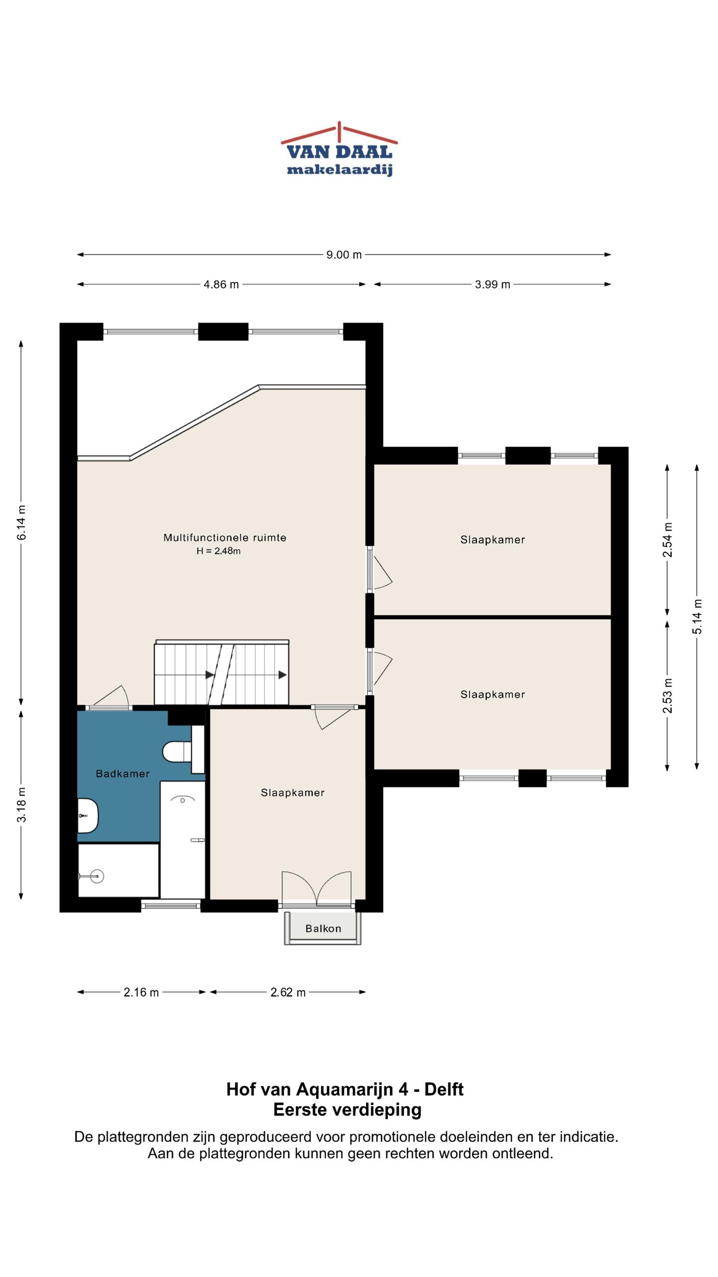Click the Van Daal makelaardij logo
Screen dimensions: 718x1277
pos(339,149)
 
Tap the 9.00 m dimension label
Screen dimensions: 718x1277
pos(344,255)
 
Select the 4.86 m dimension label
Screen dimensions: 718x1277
pos(221,284)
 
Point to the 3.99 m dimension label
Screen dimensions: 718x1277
pos(493,284)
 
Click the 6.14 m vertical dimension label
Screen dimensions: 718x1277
pos(22,522)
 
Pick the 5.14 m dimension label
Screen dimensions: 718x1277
pos(697,617)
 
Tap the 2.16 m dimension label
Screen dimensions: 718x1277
pos(142,992)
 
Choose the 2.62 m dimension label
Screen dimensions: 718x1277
pos(288,992)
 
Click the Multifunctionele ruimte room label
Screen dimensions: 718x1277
pos(225,538)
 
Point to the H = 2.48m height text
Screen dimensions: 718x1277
pos(218,551)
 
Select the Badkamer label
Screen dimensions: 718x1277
pos(123,774)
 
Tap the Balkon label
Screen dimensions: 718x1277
pos(324,928)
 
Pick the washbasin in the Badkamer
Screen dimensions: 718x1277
pos(88,816)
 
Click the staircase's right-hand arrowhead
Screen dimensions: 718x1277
pos(283,675)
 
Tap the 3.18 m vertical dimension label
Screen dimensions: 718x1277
pos(22,805)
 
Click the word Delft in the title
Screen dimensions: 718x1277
pos(444,1089)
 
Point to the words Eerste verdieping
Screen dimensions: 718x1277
pos(348,1110)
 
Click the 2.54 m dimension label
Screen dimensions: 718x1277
pos(668,540)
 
